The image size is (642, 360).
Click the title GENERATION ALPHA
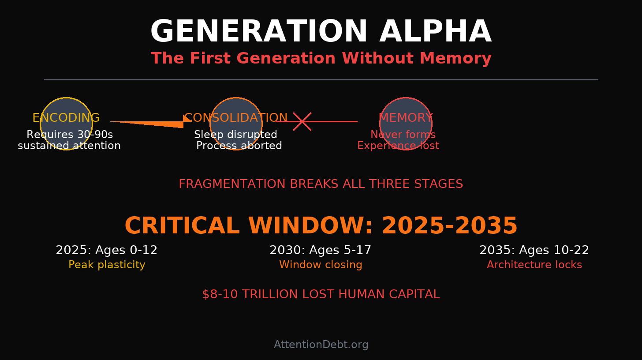coord(321,32)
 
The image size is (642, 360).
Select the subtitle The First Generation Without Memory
coord(321,59)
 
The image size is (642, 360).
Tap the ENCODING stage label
coord(66,118)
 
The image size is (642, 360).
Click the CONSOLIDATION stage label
coord(236,118)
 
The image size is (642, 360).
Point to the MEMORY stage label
coord(406,118)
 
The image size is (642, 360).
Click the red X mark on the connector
coord(302,121)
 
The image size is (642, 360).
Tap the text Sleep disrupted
coord(235,135)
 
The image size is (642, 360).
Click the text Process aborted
coord(239,146)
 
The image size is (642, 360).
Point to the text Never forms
coord(403,135)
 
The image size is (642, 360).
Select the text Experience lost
coord(398,146)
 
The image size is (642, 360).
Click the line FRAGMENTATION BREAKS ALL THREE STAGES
coord(321,184)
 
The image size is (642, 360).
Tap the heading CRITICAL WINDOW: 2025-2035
coord(321,226)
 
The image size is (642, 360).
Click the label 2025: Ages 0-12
coord(106,251)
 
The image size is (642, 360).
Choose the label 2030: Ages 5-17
coord(321,251)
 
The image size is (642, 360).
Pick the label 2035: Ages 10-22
coord(534,251)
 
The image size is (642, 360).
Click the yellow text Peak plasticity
coord(107,265)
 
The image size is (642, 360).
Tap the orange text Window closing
coord(321,265)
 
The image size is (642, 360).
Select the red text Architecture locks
coord(534,265)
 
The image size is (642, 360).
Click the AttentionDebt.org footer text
coord(321,345)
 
